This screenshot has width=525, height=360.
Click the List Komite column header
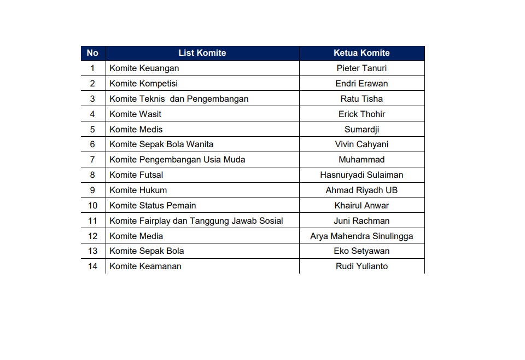coord(202,53)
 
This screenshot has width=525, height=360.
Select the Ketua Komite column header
coord(361,53)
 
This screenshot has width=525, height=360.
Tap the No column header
coord(92,53)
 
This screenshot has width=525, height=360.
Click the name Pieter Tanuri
coord(361,68)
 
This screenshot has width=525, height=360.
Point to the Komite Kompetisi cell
coord(143,84)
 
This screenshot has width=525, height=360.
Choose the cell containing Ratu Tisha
coord(361,99)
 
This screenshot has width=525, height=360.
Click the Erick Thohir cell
coord(361,114)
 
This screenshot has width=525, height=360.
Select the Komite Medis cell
coord(136,130)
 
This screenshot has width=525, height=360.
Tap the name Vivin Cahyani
coord(361,144)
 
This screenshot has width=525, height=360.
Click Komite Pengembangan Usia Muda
coord(177,160)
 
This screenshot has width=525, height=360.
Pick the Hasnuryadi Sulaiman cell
coord(361,175)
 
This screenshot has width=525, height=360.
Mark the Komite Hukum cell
coord(138,190)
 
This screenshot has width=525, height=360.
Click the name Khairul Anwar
coord(361,206)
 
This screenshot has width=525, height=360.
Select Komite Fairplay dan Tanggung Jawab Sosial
coord(196,221)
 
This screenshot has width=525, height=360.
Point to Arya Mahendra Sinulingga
coord(361,236)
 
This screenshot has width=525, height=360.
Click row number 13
coord(92,251)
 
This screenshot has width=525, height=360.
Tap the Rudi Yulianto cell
coord(361,266)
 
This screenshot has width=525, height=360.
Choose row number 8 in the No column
coord(92,175)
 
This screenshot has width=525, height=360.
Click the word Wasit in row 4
coord(150,114)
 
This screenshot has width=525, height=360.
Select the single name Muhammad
coord(361,160)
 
